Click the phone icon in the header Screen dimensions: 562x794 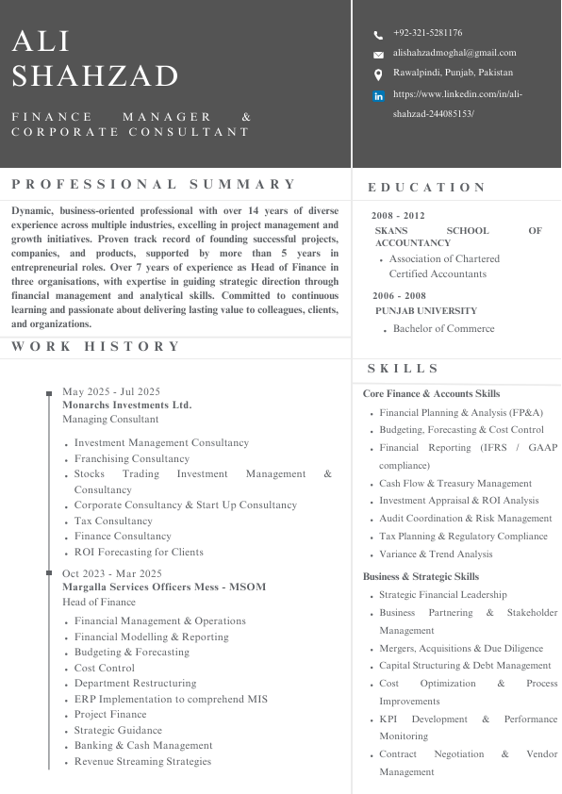[x=378, y=35]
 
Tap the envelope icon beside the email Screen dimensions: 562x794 [x=378, y=55]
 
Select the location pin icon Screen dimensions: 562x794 [x=378, y=74]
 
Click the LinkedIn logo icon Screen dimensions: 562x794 [x=379, y=96]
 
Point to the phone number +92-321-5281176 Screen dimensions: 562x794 [x=427, y=33]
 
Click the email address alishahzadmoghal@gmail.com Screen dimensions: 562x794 [x=455, y=53]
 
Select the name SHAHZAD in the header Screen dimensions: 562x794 [x=95, y=75]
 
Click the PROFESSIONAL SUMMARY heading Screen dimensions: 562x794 [x=155, y=184]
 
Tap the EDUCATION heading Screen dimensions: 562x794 [x=427, y=188]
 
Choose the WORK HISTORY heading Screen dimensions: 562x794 [x=96, y=346]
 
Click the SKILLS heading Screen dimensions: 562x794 [x=404, y=369]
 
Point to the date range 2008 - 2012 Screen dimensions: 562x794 [x=398, y=216]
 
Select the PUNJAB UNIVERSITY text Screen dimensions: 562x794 [x=426, y=310]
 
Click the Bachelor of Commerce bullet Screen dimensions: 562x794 [x=443, y=329]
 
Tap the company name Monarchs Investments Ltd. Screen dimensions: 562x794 [x=126, y=405]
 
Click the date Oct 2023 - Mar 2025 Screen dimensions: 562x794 [x=112, y=573]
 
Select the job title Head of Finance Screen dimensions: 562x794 [x=99, y=602]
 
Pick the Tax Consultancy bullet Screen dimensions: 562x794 [x=113, y=521]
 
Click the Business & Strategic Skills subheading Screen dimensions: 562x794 [x=421, y=576]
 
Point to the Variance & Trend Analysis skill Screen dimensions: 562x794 [x=436, y=554]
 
